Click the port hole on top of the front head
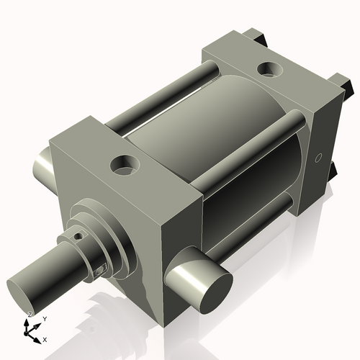pyautogui.click(x=124, y=166)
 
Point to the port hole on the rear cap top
pyautogui.click(x=270, y=71)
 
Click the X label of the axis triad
pyautogui.click(x=45, y=338)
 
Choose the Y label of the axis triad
pyautogui.click(x=45, y=318)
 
